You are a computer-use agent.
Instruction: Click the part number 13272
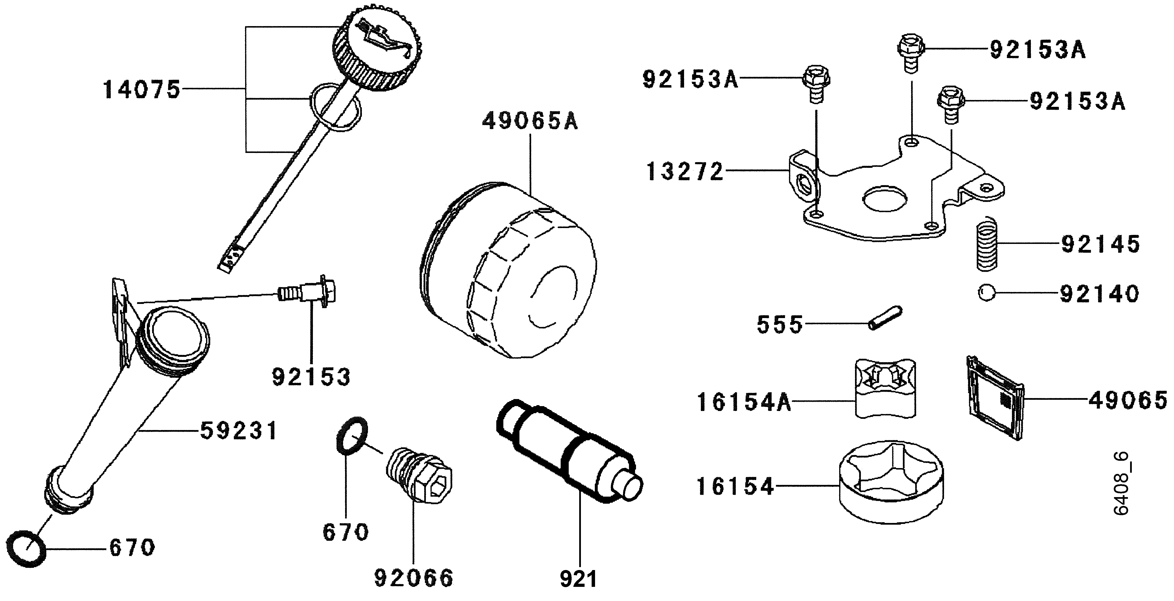[685, 172]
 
